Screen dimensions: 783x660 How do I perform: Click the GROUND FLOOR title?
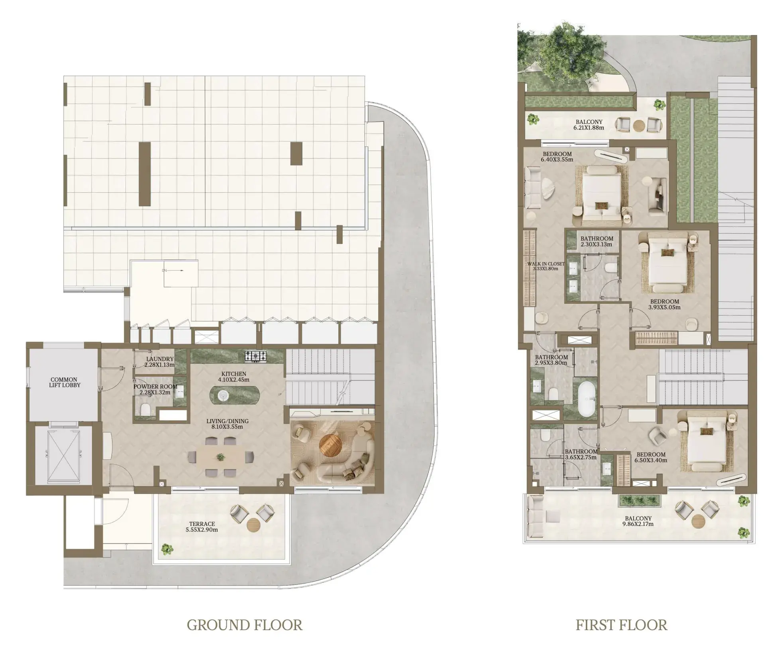coord(244,625)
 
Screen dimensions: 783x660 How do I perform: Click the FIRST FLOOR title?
coord(621,625)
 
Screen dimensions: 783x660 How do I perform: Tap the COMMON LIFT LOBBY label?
coord(64,382)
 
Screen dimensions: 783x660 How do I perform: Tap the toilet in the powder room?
coord(145,409)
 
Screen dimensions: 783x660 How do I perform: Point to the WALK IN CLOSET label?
coord(545,266)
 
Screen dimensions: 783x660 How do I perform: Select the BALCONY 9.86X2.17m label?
coord(638,521)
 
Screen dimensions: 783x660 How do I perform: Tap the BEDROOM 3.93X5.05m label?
coord(664,304)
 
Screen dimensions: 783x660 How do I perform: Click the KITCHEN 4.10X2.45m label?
coord(234,377)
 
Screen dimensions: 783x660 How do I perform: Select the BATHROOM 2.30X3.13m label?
coord(596,241)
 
